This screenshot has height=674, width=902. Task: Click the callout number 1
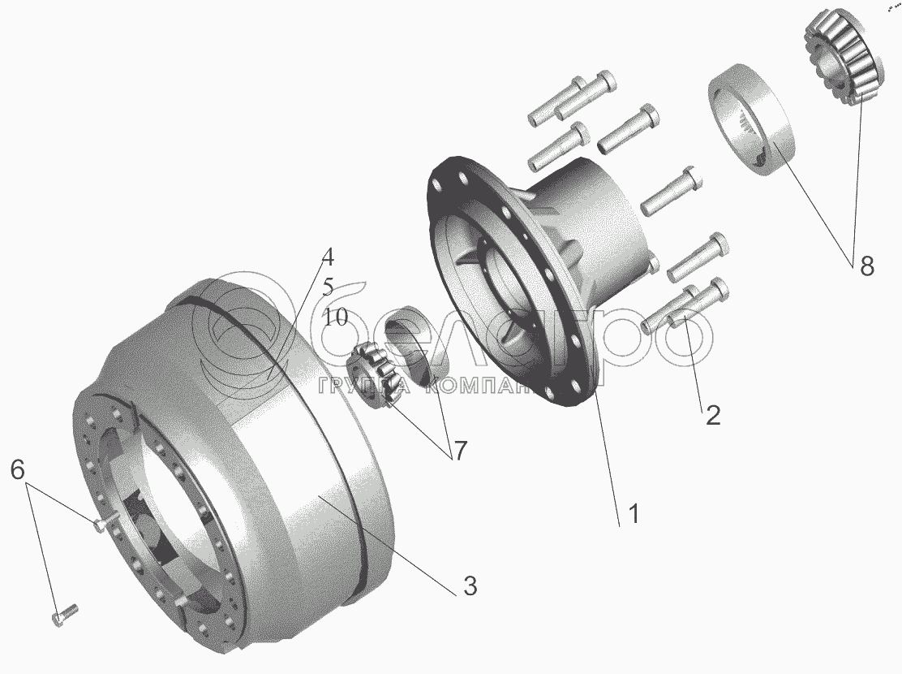[634, 514]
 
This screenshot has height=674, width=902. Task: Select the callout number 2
[712, 415]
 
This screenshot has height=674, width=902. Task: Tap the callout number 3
[470, 585]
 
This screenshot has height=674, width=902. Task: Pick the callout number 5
[328, 287]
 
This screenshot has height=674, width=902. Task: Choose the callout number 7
[460, 451]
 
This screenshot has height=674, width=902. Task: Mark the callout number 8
[866, 266]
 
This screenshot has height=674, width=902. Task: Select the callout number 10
[334, 318]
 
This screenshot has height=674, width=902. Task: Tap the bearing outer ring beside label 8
[747, 120]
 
